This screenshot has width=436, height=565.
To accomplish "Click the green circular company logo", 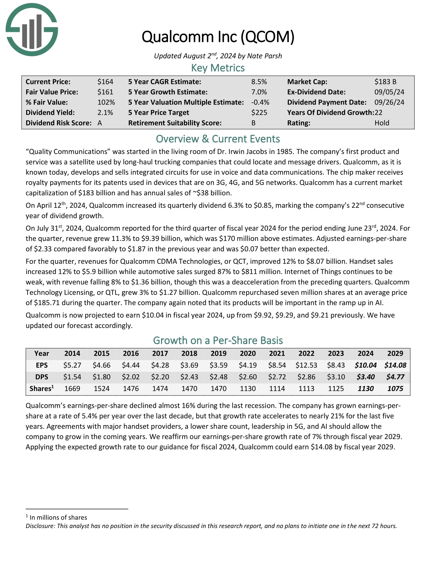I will point(32,30).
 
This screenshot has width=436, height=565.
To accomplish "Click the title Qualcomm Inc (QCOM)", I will point(218,37).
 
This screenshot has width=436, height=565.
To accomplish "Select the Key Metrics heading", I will point(218,68).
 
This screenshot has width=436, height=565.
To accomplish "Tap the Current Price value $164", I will point(105,82).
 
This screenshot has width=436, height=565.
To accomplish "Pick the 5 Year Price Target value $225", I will point(259,112).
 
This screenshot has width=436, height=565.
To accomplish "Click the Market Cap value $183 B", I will point(385,82).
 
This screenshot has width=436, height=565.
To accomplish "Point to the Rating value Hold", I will point(382,123).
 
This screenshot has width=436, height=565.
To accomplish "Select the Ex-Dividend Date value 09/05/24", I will point(389,92).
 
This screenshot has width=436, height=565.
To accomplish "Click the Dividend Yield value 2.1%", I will point(105,112).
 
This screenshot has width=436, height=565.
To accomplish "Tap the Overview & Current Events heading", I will point(218,139).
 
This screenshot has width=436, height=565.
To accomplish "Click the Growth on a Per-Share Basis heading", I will point(218,341).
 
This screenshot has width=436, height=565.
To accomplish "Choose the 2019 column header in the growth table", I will point(219,353).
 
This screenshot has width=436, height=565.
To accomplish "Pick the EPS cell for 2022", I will point(306,365).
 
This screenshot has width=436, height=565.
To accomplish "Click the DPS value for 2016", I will point(131,377).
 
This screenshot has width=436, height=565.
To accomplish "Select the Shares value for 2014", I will point(72,389).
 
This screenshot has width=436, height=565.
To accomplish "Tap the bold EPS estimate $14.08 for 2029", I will point(395,365).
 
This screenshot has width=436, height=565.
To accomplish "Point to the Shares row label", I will point(41,389).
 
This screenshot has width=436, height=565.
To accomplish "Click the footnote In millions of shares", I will point(58,517).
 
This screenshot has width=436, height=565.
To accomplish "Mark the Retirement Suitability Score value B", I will point(253,123).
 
